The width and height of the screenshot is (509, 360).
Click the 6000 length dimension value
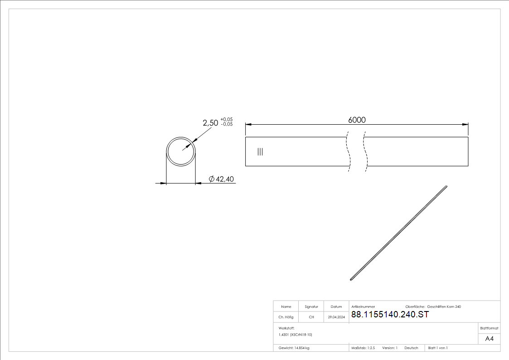pos(357,120)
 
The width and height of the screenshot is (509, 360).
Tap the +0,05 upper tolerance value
pos(227,119)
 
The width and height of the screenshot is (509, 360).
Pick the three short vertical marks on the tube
pos(260,151)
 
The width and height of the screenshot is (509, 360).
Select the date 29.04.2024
pos(336,317)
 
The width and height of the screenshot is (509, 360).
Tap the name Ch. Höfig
pos(286,317)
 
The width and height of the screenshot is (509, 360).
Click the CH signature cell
pos(311,317)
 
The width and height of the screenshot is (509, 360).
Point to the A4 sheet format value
pos(490,339)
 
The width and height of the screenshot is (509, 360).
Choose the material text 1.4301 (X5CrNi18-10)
pos(296,335)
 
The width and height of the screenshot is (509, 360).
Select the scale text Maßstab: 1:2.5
pos(363,348)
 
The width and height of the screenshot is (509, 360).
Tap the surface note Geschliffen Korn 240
pos(444,307)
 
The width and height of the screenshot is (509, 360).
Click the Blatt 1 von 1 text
pos(438,348)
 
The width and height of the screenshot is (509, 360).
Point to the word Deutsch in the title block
pos(411,348)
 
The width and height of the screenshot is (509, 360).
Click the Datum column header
pos(336,307)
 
